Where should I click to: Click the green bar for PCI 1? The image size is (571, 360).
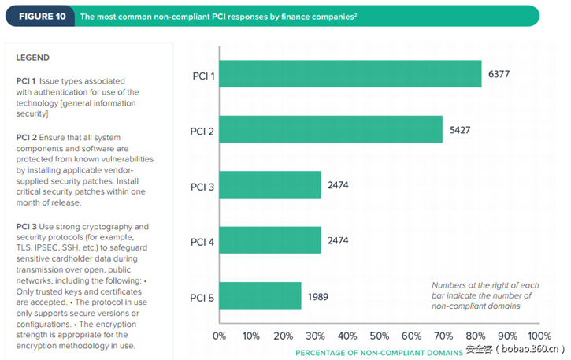tap(350, 75)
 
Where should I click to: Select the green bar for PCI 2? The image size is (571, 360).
tap(330, 130)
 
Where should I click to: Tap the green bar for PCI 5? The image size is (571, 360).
tap(260, 296)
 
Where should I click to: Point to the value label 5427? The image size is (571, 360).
tap(461, 130)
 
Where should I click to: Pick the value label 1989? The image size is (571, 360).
tap(319, 296)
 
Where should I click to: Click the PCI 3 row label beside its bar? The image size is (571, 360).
tap(203, 186)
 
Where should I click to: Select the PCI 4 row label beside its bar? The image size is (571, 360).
tap(203, 241)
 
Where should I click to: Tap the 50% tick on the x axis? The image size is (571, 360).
tap(380, 336)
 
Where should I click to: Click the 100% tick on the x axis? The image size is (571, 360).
tap(539, 336)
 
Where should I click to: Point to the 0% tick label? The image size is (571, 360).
tap(220, 336)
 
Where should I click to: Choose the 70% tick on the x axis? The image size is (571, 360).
tap(443, 336)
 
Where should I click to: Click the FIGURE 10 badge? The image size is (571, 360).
tap(42, 16)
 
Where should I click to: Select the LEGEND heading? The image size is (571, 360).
tap(32, 58)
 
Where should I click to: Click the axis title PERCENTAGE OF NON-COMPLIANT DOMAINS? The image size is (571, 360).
tap(380, 351)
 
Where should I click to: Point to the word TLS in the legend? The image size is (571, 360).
tap(24, 247)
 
